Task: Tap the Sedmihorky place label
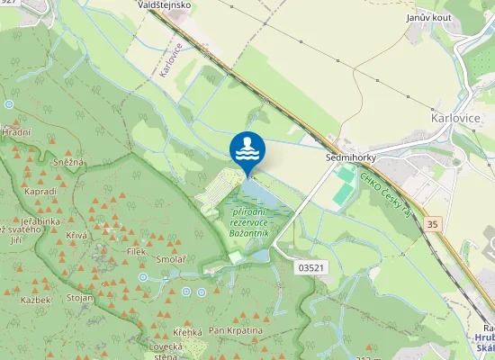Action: [x=350, y=157]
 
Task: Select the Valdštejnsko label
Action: [x=163, y=5]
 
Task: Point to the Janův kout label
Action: [x=427, y=17]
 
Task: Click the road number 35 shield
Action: [x=435, y=223]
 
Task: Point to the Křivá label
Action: [x=76, y=234]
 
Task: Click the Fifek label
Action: [x=136, y=252]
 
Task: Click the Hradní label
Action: [x=15, y=132]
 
